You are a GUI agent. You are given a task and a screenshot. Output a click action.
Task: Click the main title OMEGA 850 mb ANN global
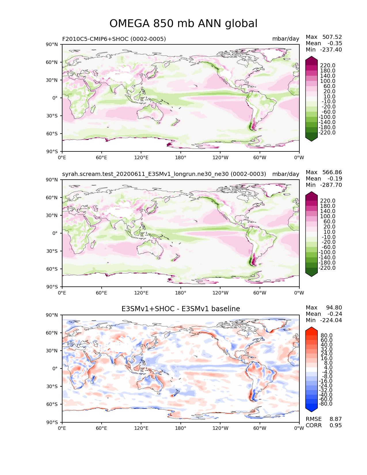183,24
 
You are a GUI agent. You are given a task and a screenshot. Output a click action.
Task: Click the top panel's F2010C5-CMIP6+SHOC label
114,39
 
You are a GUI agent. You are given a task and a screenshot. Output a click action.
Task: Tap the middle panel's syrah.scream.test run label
164,174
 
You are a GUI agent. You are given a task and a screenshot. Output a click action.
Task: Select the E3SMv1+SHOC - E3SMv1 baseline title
180,309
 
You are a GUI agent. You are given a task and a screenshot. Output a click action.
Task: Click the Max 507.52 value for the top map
332,37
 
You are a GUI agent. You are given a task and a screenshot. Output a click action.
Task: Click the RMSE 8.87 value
336,419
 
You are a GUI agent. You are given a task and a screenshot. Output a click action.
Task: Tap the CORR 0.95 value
336,425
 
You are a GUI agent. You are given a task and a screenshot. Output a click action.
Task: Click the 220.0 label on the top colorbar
328,66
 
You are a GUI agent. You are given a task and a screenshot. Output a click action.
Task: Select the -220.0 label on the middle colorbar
327,268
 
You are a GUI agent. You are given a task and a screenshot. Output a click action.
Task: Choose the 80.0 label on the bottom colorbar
327,336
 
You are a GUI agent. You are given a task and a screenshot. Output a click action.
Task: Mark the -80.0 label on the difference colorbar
326,404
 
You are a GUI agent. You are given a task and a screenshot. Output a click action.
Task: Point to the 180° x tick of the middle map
181,293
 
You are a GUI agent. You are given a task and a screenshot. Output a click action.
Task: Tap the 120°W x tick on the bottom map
220,428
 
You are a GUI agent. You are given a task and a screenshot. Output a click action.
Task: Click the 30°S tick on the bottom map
53,386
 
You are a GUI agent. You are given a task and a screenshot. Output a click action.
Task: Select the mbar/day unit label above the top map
286,39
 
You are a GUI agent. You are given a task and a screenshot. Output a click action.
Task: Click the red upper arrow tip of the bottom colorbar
311,329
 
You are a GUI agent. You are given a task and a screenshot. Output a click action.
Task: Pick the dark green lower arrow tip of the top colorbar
311,139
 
